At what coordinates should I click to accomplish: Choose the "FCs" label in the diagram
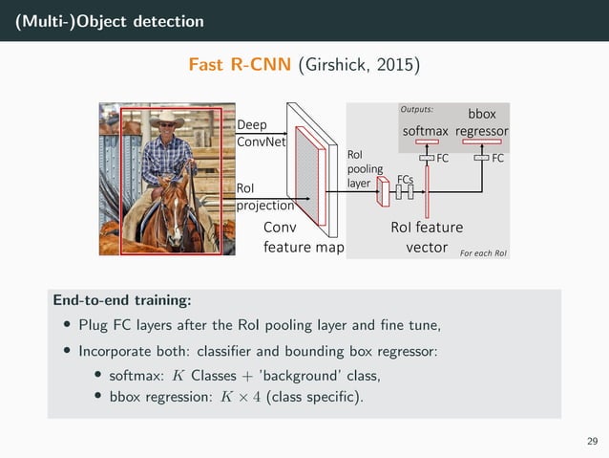405,178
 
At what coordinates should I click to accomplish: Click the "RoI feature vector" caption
427,237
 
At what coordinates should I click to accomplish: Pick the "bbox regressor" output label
482,123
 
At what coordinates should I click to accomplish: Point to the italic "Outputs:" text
418,109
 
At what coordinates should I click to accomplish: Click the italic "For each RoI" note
483,252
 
